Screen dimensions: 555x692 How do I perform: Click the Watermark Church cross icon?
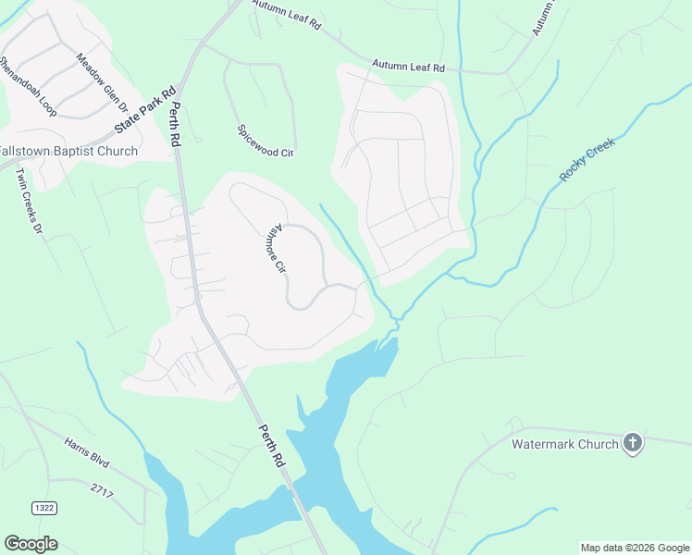(633, 443)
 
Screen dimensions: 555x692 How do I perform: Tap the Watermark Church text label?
(565, 444)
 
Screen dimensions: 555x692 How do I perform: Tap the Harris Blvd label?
(88, 453)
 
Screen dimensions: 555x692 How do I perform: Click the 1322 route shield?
(43, 508)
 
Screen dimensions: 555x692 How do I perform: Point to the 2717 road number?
(102, 490)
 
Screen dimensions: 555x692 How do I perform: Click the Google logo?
(31, 544)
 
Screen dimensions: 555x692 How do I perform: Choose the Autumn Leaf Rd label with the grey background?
(408, 67)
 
